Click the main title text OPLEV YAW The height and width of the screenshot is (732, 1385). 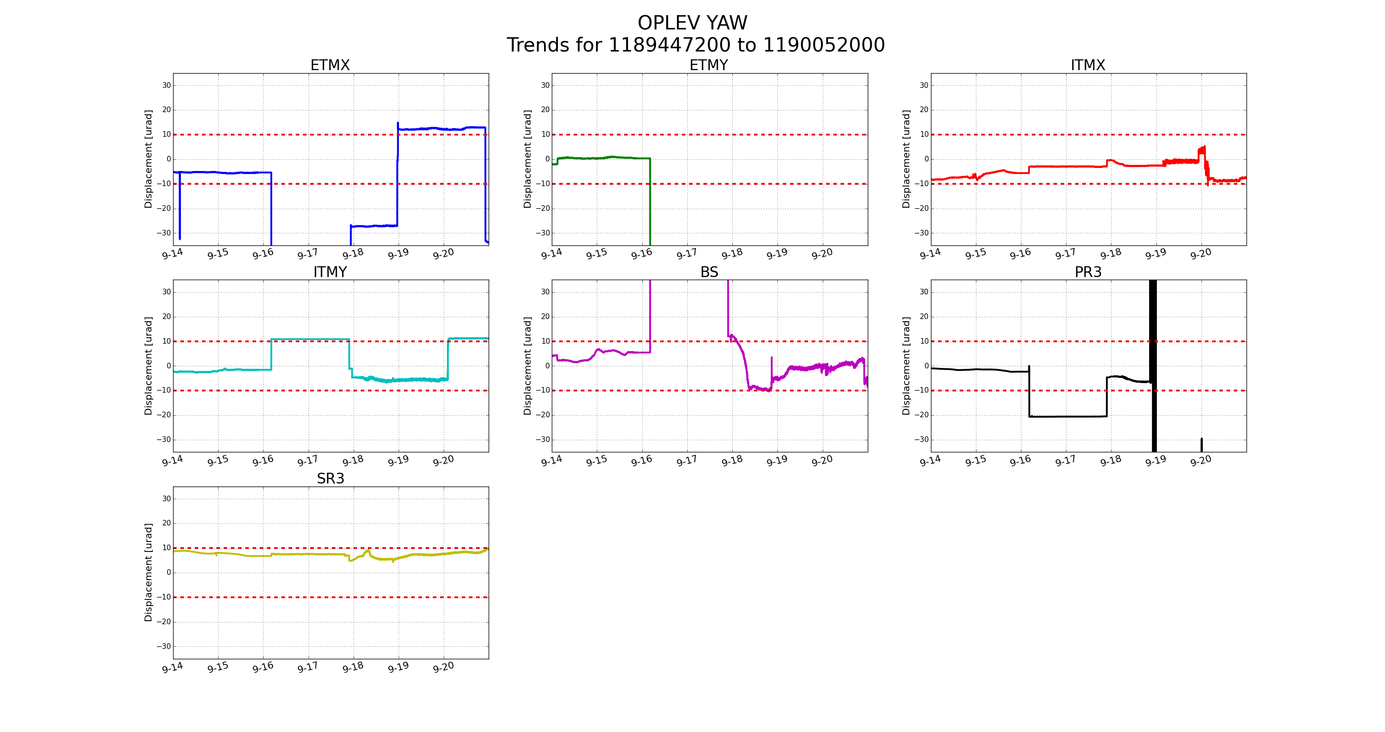(692, 23)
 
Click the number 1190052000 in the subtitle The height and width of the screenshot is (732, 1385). (823, 45)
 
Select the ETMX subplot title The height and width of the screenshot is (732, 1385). (330, 65)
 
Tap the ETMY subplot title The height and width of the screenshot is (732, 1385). (709, 65)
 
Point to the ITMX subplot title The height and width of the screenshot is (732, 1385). (1088, 65)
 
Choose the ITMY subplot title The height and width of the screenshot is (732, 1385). (330, 272)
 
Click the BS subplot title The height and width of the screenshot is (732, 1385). (709, 272)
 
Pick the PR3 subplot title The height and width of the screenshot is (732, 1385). (1088, 272)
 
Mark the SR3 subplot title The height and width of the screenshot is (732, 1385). (330, 479)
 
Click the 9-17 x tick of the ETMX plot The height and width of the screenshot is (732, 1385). (308, 254)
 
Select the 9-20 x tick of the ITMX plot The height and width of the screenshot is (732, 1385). (1201, 254)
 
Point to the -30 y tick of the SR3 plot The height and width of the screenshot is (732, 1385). (164, 646)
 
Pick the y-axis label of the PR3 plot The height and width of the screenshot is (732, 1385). (906, 366)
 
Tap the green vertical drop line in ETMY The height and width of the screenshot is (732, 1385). (650, 204)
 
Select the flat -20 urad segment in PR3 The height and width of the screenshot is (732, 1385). (1067, 416)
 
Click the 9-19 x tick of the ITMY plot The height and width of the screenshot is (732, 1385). (398, 461)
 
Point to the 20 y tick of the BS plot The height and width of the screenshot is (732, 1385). (545, 317)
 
